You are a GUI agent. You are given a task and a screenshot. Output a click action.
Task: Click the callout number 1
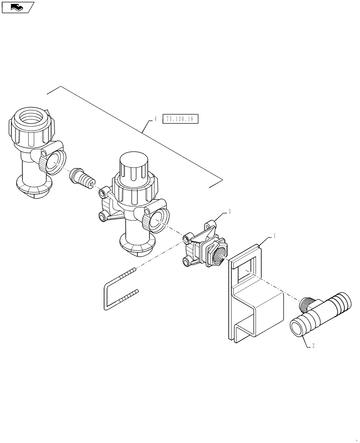point(274,237)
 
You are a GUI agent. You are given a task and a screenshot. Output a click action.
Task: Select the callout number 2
point(313,346)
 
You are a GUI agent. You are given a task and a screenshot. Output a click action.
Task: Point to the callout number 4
point(155,119)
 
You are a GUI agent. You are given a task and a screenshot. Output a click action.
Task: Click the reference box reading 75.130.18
point(181,119)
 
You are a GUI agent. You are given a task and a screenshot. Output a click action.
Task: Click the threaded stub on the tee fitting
point(306,304)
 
